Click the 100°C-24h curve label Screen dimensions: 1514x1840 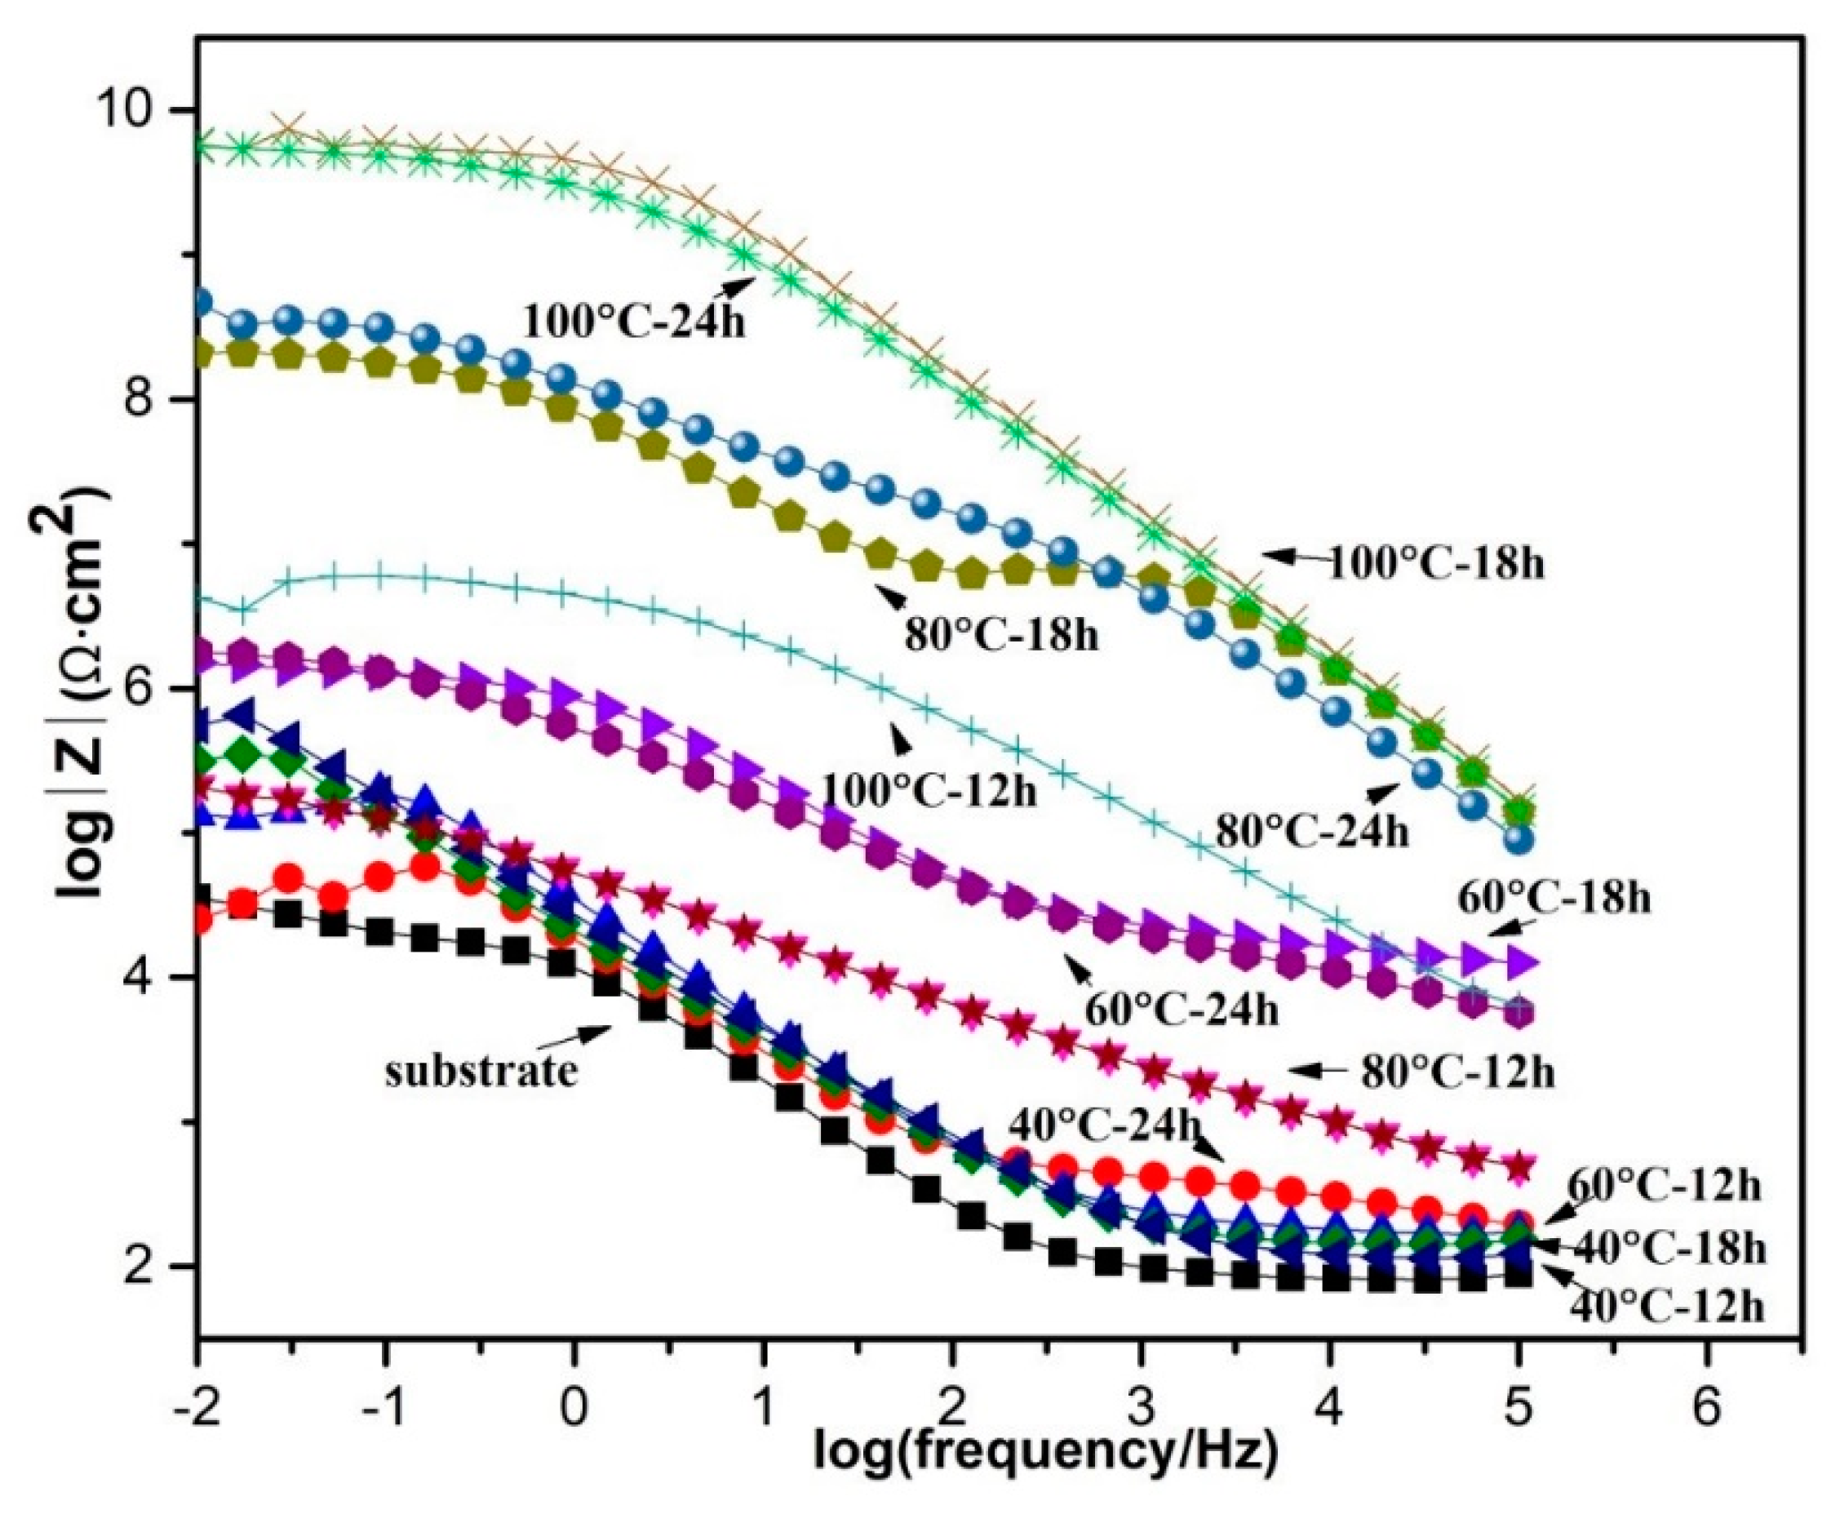pos(634,320)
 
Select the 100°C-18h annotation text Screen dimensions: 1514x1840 pos(1434,564)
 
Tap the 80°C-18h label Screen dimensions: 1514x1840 pos(1001,635)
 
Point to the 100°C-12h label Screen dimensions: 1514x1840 pos(928,793)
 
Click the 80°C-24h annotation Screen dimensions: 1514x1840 pos(1311,831)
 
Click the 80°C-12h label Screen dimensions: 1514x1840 pos(1457,1072)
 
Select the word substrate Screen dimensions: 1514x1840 pos(481,1071)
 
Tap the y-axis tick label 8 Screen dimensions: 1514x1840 pos(153,400)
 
